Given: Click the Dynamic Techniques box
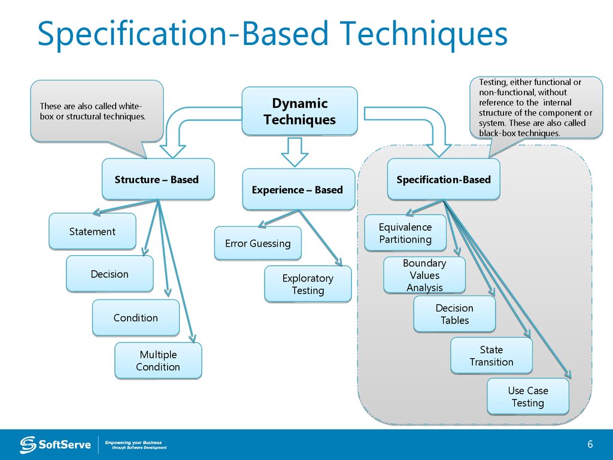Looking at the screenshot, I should (299, 111).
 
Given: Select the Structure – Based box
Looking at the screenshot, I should (157, 180).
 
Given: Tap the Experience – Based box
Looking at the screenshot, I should (298, 190).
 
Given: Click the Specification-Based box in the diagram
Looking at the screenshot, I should (443, 180).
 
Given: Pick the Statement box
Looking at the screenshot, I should (92, 232).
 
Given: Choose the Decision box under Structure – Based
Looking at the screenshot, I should (110, 274).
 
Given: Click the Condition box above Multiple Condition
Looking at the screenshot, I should (135, 318).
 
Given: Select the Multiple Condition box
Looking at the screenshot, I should (158, 361).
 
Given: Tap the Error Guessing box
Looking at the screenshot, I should (257, 243).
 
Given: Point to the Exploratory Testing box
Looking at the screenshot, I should (308, 285).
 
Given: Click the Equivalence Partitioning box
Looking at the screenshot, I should (405, 233).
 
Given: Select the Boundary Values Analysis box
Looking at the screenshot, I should (424, 276).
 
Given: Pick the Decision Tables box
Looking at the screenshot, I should (454, 314).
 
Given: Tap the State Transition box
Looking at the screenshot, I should (491, 356).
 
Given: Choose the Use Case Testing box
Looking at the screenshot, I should (527, 397).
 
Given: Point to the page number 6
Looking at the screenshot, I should (590, 444).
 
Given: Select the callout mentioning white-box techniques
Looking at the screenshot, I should (96, 111).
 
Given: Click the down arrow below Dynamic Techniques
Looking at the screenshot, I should (294, 152).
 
